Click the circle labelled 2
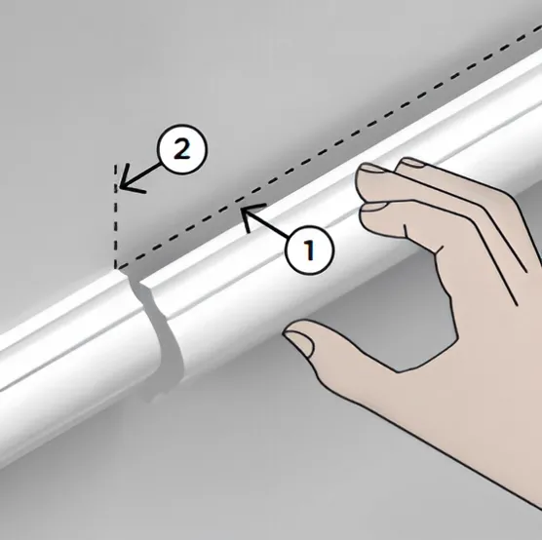click(182, 149)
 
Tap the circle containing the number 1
click(310, 250)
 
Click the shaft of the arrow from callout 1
click(265, 223)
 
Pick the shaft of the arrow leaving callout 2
click(139, 174)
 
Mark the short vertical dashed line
click(116, 216)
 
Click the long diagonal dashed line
click(329, 148)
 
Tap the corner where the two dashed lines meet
click(116, 268)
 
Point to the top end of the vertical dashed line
click(116, 165)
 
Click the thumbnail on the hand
click(299, 342)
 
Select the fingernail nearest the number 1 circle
click(374, 207)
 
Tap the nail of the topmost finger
click(412, 162)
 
